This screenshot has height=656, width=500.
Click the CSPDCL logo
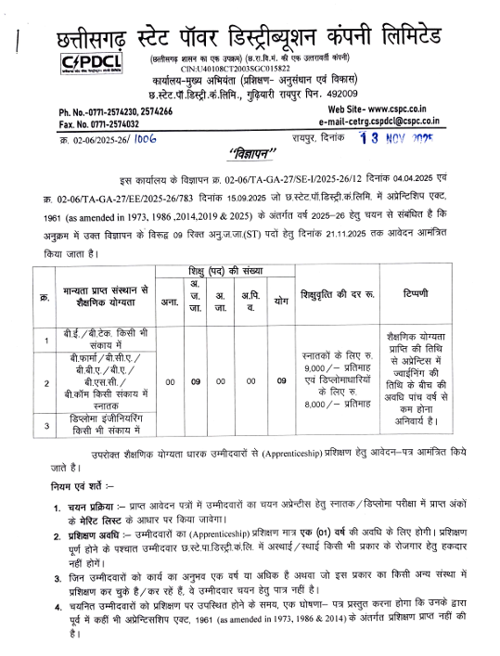click(x=85, y=63)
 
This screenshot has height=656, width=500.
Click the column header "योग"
click(x=280, y=302)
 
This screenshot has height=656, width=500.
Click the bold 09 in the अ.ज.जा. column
click(x=196, y=380)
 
